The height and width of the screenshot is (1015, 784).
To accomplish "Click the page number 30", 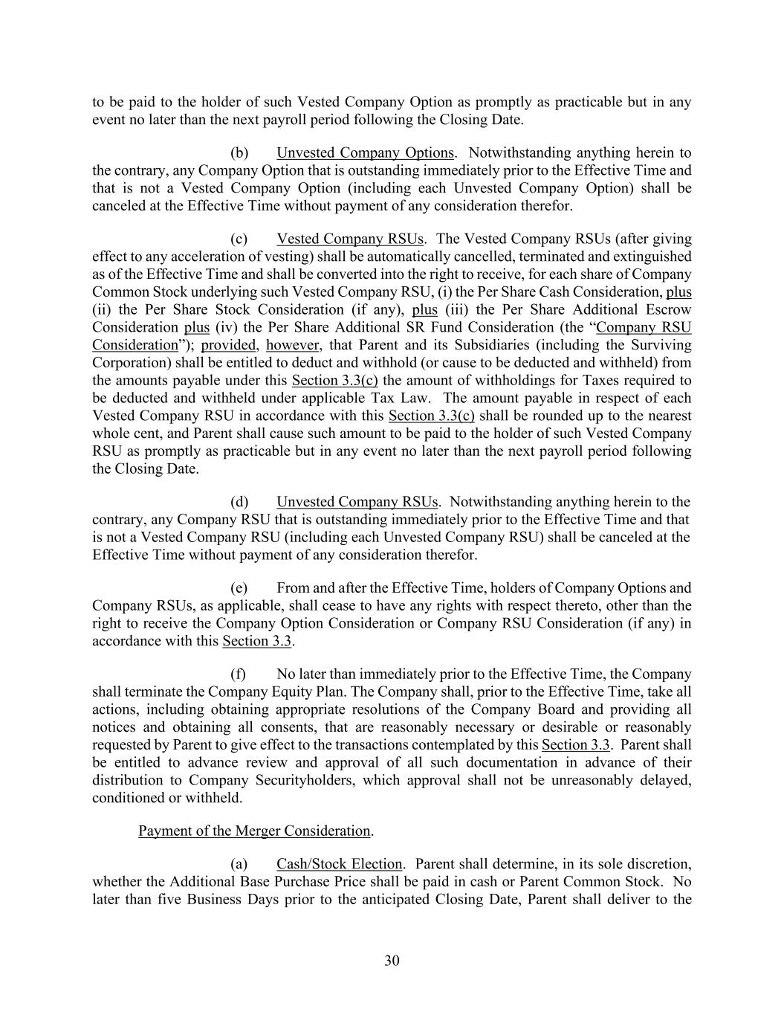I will coord(392,961).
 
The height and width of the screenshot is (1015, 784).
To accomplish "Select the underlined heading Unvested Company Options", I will coord(365,152).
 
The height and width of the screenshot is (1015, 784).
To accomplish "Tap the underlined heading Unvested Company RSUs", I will coord(357,502).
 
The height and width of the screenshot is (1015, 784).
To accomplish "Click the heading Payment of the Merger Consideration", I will coord(255,831).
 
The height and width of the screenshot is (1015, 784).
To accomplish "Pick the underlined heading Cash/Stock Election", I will coord(339,864).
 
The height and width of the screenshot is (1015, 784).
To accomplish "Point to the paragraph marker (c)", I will coord(239,239).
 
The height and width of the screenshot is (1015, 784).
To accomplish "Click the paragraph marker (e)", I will coord(239,588).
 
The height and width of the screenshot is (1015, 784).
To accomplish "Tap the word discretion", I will coord(660,864).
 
